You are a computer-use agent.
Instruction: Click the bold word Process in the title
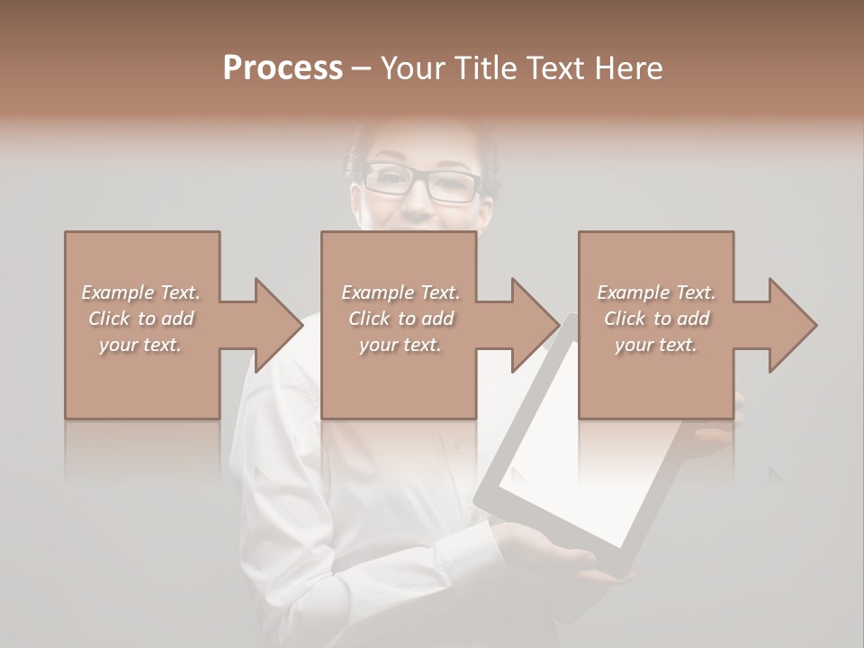click(x=283, y=68)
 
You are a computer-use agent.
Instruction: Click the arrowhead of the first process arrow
click(x=278, y=325)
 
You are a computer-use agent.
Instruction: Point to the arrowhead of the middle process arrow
click(x=535, y=325)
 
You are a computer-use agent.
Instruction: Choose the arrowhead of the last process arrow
click(x=792, y=325)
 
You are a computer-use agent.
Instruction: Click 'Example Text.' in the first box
click(x=140, y=292)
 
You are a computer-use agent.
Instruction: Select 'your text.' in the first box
click(x=140, y=345)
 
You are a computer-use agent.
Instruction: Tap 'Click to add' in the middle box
click(x=400, y=319)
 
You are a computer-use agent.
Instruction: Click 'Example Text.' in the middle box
click(x=400, y=292)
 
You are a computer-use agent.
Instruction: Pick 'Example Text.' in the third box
click(x=656, y=292)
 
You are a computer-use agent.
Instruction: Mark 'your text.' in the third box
click(x=656, y=345)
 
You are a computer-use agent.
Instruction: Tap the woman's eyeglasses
click(x=423, y=183)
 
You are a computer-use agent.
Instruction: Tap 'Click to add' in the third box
click(x=656, y=319)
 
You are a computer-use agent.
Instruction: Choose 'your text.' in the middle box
click(x=400, y=345)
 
